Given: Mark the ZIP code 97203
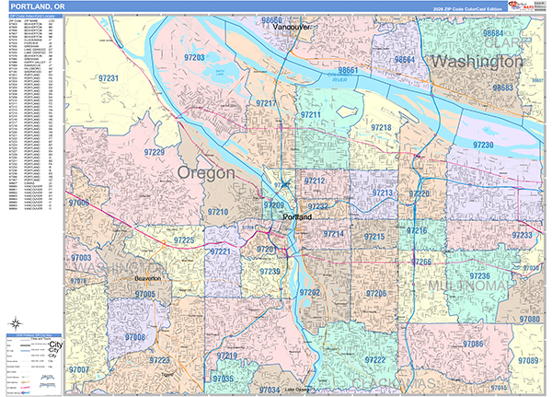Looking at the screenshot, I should click(x=195, y=57).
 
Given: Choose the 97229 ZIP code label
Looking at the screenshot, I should click(x=148, y=152).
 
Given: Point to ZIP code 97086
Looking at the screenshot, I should click(x=474, y=344).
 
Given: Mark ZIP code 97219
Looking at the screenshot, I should click(x=227, y=356).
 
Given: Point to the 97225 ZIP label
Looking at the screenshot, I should click(x=182, y=240).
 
